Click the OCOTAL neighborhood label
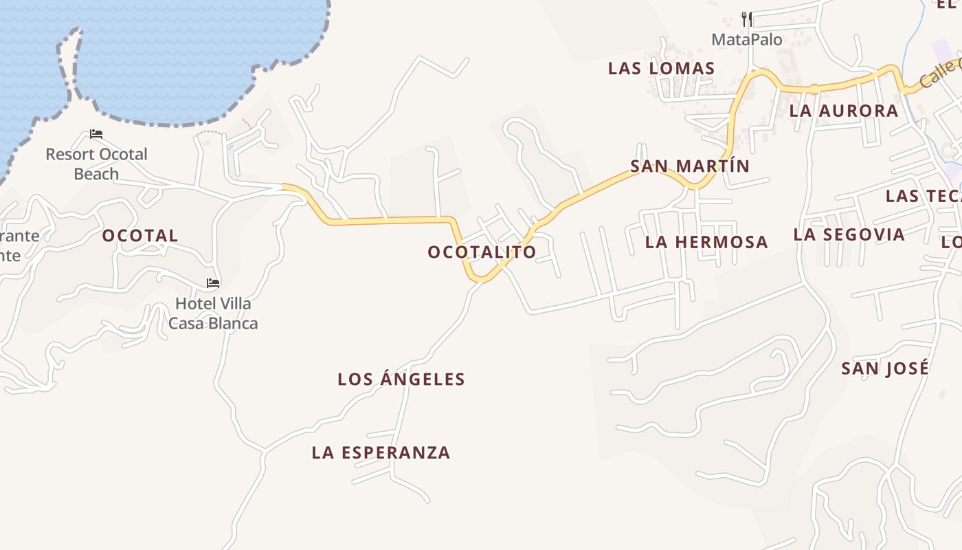[140, 236]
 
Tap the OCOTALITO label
[482, 252]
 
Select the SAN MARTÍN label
[690, 166]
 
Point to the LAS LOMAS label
[662, 68]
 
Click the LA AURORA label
[844, 111]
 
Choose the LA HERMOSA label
[706, 242]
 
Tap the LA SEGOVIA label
[849, 234]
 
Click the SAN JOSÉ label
[885, 368]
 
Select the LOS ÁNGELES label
[401, 379]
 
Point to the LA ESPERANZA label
[381, 452]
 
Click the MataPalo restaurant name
[747, 40]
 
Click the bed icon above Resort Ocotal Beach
[96, 134]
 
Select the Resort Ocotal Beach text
[96, 164]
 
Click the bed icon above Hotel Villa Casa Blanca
[213, 283]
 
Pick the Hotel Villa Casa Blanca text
[213, 313]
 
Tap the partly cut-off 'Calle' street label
[940, 73]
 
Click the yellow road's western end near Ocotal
[286, 186]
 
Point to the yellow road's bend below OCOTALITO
[481, 278]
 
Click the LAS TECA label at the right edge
[922, 196]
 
